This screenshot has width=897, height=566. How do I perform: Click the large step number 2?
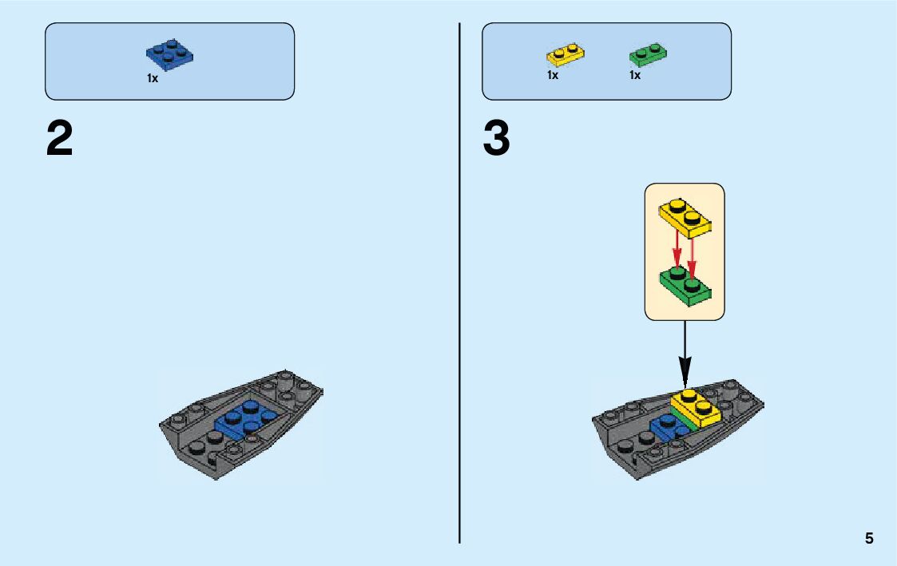point(60,140)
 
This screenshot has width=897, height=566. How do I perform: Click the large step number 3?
point(496,140)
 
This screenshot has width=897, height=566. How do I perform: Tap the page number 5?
point(869,538)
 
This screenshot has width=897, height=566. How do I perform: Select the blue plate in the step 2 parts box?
point(170,54)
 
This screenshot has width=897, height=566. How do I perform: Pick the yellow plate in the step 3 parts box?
point(565,54)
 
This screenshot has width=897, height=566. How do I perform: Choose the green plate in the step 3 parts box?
point(649,54)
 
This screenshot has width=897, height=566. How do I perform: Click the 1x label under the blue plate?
point(152,78)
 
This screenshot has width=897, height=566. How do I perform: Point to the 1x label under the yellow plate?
point(553,75)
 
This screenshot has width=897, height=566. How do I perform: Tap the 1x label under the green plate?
point(635,75)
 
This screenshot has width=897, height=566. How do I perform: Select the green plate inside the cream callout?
point(685,286)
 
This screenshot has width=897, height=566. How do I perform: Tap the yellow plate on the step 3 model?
point(697,408)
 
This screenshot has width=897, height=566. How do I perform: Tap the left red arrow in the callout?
point(677,251)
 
